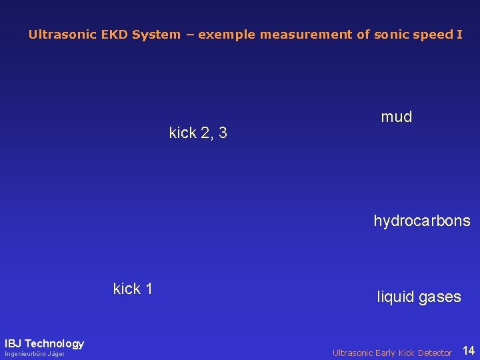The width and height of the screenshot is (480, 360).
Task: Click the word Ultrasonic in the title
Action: [x=58, y=35]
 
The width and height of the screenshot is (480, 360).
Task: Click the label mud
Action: [x=397, y=117]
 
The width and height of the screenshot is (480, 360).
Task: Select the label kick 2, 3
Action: [x=198, y=133]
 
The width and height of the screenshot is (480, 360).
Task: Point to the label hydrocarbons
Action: [x=422, y=221]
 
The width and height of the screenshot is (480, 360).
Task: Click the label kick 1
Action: [x=133, y=289]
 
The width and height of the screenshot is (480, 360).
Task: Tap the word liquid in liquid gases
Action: [x=396, y=297]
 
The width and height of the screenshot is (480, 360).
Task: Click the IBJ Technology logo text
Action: [x=44, y=344]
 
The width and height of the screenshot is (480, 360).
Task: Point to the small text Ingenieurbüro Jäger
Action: [x=35, y=354]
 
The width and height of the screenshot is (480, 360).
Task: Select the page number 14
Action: [x=469, y=351]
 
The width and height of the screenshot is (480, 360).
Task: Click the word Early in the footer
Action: [x=382, y=353]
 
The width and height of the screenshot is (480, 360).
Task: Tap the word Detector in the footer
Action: [x=434, y=353]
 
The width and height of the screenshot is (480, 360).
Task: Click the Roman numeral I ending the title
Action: [x=459, y=35]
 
